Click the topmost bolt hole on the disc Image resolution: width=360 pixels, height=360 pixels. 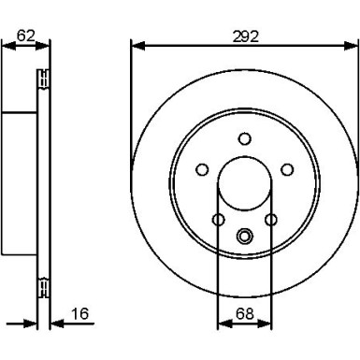245,138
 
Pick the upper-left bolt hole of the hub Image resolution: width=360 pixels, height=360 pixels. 201,169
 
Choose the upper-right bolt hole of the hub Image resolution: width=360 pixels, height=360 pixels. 288,169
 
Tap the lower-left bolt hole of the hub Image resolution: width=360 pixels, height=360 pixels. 218,220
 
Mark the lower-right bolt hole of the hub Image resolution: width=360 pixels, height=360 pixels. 272,220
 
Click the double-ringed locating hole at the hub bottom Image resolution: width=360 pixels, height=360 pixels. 245,236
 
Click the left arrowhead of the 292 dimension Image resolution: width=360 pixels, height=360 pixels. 136,44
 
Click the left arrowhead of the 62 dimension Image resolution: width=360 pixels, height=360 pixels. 6,45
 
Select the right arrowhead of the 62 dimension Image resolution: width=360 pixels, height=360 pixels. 46,45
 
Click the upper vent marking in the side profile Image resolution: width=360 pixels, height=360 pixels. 42,80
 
